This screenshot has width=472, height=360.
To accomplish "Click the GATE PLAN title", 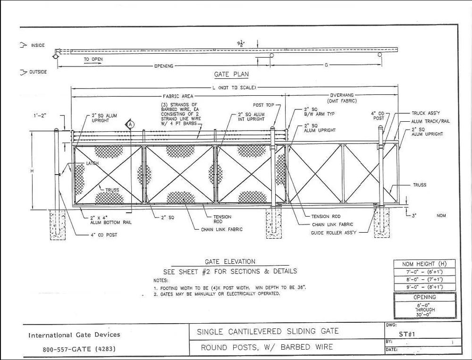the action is [231, 75].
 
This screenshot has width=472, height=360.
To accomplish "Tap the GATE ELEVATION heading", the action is [230, 261].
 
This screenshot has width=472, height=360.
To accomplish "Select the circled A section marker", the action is [131, 124].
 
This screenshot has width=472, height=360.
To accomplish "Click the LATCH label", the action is [92, 164].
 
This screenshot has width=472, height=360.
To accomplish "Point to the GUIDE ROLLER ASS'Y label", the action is [334, 233].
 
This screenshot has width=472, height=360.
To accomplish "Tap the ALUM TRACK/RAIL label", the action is [430, 121].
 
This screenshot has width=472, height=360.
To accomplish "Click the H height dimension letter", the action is [32, 171].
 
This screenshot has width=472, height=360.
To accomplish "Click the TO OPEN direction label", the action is [93, 59].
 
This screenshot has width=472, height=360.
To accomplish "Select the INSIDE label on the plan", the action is [38, 45].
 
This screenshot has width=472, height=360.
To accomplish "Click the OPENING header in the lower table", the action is [424, 297].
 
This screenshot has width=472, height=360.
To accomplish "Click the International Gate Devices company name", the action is [74, 335].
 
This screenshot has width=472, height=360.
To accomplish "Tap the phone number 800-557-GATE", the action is [76, 350].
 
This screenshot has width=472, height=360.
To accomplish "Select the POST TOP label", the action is [261, 105].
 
